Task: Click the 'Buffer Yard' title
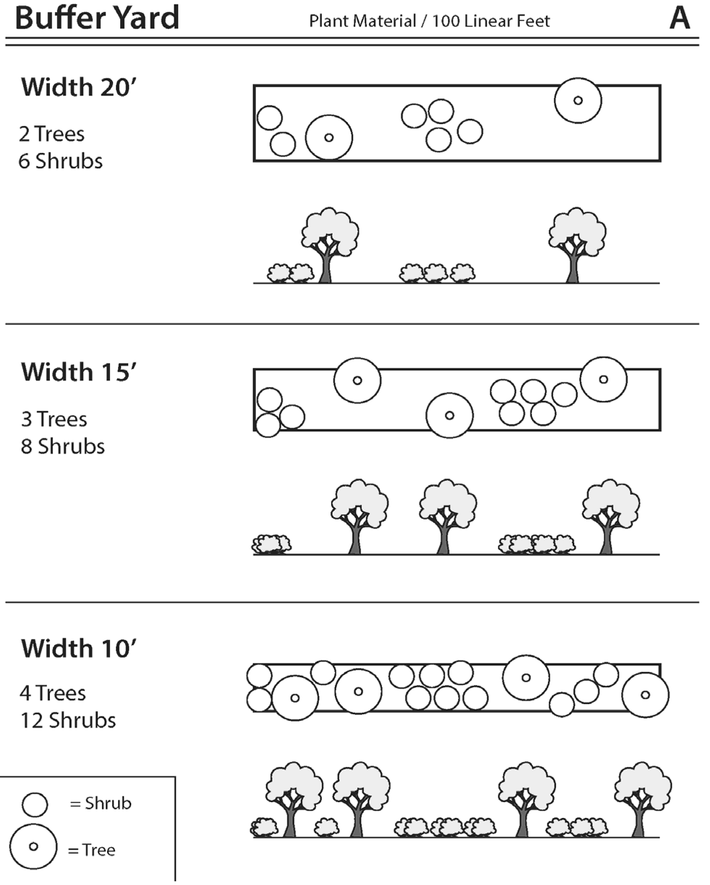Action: click(x=97, y=18)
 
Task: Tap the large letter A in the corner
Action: click(x=679, y=19)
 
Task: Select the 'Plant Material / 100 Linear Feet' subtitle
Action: click(x=429, y=21)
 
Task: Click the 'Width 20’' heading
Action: click(x=78, y=87)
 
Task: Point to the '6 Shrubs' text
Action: click(x=60, y=161)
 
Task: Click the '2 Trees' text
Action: click(x=52, y=134)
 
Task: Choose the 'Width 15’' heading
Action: click(x=78, y=372)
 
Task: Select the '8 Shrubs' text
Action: click(x=63, y=446)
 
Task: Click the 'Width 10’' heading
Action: click(x=78, y=648)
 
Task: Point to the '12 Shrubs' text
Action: click(x=68, y=720)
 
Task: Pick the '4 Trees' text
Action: click(x=53, y=693)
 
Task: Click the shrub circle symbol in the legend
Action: click(x=35, y=805)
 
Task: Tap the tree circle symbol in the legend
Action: click(x=33, y=846)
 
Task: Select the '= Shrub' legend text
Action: click(x=101, y=803)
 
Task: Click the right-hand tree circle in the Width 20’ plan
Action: click(x=578, y=101)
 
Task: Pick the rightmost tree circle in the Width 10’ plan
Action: click(x=645, y=695)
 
